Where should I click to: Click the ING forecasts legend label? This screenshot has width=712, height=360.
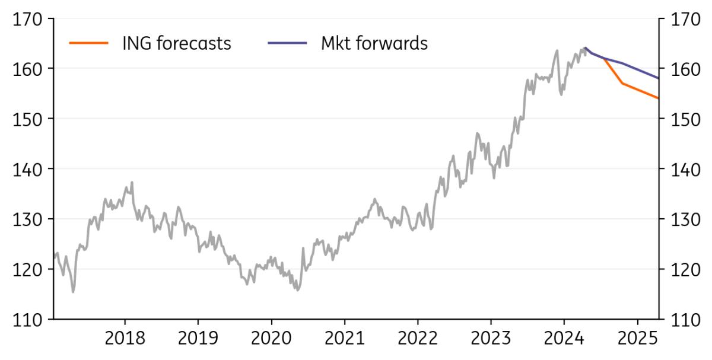point(176,43)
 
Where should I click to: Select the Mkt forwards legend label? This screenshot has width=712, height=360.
point(374,43)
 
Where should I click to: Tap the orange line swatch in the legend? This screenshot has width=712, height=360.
point(89,43)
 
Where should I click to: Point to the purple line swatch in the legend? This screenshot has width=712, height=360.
point(287,43)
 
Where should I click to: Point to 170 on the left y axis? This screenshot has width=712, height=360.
point(28,20)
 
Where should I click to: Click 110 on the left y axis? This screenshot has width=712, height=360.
point(28,320)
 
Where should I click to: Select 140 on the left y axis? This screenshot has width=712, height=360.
point(28,170)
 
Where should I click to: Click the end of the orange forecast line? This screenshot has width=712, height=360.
point(659,98)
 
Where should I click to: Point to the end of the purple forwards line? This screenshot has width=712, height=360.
point(659,78)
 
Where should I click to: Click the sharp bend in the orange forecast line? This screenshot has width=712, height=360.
point(622,83)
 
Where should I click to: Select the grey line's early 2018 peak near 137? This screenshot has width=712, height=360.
point(132,182)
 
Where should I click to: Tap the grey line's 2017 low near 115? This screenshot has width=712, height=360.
point(73,292)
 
